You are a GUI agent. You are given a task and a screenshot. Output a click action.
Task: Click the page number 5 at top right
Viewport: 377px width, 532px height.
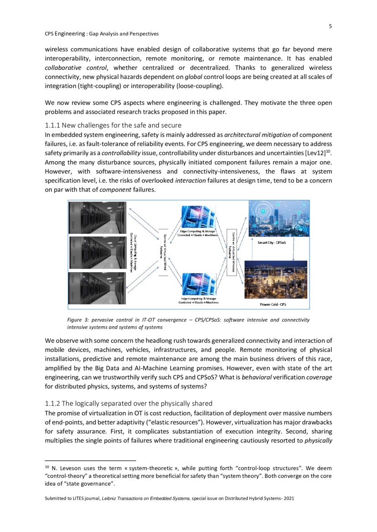click(x=330, y=26)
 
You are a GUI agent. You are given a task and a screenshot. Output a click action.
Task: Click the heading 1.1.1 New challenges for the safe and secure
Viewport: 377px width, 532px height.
click(x=113, y=125)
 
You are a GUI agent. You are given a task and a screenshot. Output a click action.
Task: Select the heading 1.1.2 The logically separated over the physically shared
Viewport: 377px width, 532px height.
click(x=128, y=403)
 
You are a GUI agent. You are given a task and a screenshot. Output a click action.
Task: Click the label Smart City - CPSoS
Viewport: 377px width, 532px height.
click(x=273, y=243)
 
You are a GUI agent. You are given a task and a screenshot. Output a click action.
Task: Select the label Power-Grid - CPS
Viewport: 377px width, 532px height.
click(x=273, y=304)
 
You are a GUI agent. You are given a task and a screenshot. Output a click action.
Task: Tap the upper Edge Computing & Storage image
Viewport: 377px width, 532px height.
click(x=199, y=218)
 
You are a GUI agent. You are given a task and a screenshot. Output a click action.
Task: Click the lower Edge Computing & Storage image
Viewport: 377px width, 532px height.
click(x=199, y=284)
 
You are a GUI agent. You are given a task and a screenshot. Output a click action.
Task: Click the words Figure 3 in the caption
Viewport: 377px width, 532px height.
click(x=78, y=320)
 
